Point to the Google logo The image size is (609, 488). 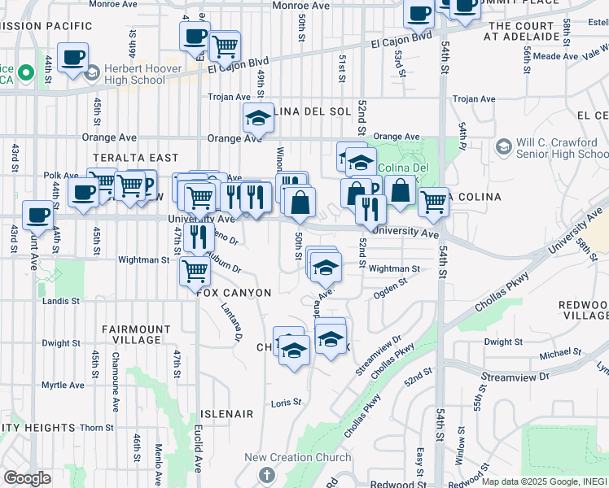pyautogui.click(x=27, y=477)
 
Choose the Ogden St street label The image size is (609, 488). pyautogui.click(x=390, y=284)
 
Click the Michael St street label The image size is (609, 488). pyautogui.click(x=557, y=354)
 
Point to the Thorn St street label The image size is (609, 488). pyautogui.click(x=96, y=427)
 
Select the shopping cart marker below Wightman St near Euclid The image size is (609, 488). pyautogui.click(x=195, y=270)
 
